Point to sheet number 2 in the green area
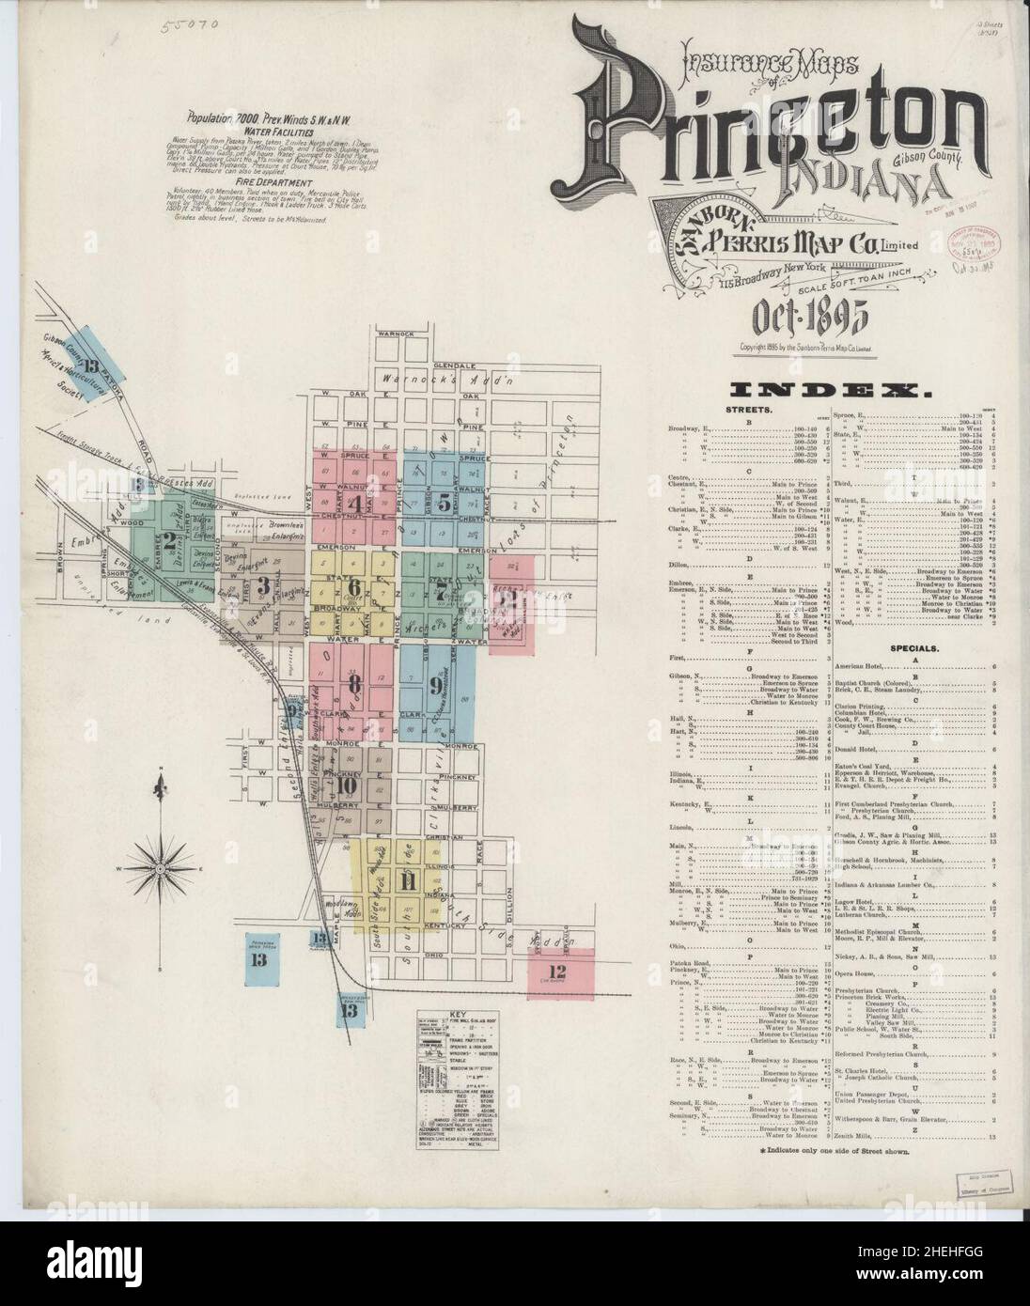pos(168,539)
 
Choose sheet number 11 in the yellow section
pos(407,881)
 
